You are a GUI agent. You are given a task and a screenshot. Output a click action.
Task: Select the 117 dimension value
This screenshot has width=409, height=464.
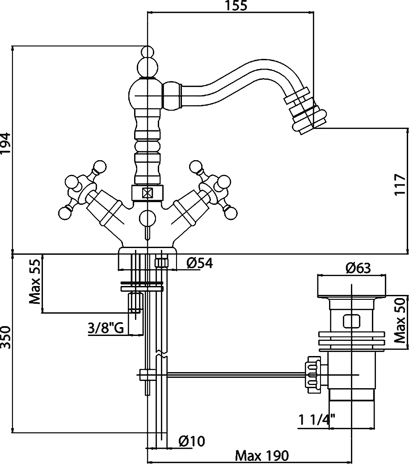tap(400, 184)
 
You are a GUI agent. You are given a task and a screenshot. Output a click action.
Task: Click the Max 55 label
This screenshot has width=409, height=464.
tap(35, 282)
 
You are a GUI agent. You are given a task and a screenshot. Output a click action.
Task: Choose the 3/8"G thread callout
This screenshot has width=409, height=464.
tap(106, 329)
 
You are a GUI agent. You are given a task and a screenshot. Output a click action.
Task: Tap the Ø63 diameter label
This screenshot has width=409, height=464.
tap(358, 268)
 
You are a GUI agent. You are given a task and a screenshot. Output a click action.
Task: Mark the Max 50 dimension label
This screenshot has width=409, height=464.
tap(400, 320)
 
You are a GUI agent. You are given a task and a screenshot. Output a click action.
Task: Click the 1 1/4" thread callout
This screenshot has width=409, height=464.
tap(317, 420)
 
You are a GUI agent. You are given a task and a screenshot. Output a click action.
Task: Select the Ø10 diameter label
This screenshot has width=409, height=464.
tap(191, 441)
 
